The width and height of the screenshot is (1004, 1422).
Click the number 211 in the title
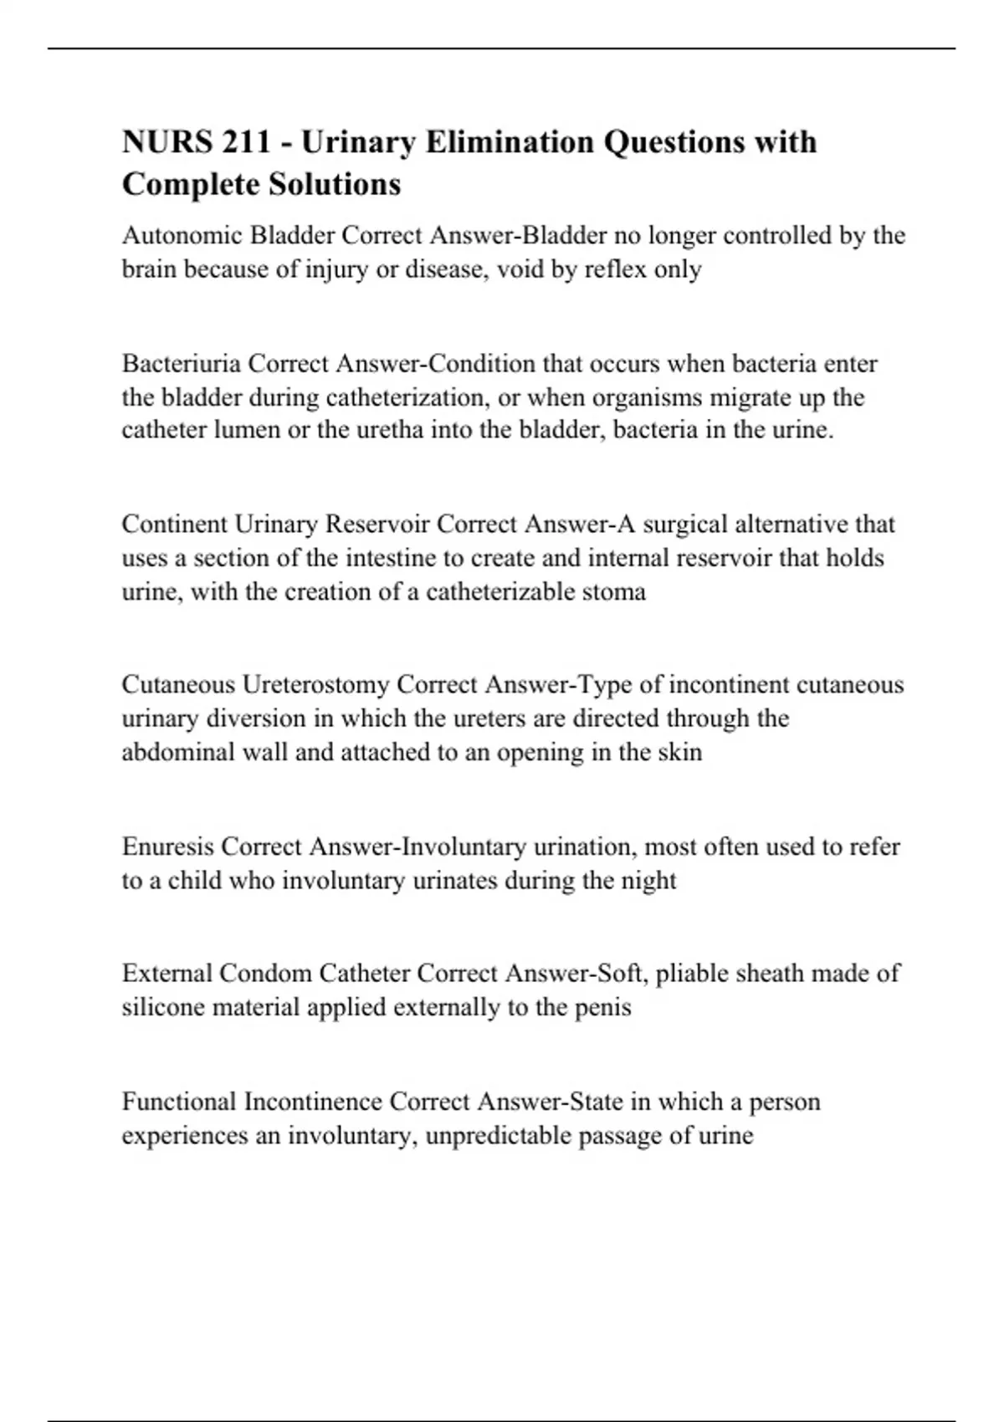[x=247, y=142]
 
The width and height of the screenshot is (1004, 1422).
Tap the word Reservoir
[x=377, y=524]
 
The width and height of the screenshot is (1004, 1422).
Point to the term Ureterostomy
[x=315, y=685]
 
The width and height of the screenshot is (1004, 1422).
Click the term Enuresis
[x=167, y=847]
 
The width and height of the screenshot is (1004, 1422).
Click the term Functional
[x=178, y=1102]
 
